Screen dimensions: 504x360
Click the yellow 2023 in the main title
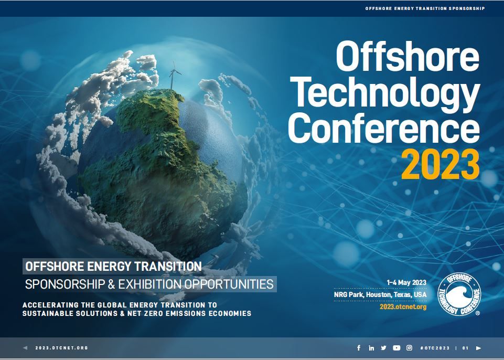(x=441, y=164)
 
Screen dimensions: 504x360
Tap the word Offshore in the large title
(x=408, y=57)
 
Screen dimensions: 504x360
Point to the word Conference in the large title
(x=384, y=128)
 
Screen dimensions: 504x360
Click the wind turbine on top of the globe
(x=173, y=75)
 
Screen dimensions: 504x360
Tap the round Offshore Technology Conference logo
(x=459, y=294)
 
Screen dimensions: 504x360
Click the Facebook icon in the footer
(x=359, y=348)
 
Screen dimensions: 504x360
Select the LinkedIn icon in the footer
(x=371, y=348)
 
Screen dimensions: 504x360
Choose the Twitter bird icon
(x=383, y=348)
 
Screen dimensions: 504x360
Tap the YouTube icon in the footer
(x=396, y=348)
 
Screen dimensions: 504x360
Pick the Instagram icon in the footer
(x=409, y=348)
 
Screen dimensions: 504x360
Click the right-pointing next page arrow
(x=479, y=348)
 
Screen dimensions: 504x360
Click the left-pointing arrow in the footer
(x=25, y=348)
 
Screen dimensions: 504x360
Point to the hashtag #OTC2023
(x=435, y=348)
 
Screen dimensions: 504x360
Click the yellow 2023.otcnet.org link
(x=403, y=306)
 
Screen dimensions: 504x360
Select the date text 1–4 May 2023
(x=406, y=282)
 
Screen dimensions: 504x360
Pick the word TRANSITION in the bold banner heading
(x=168, y=267)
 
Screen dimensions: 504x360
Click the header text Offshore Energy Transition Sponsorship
(x=425, y=8)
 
